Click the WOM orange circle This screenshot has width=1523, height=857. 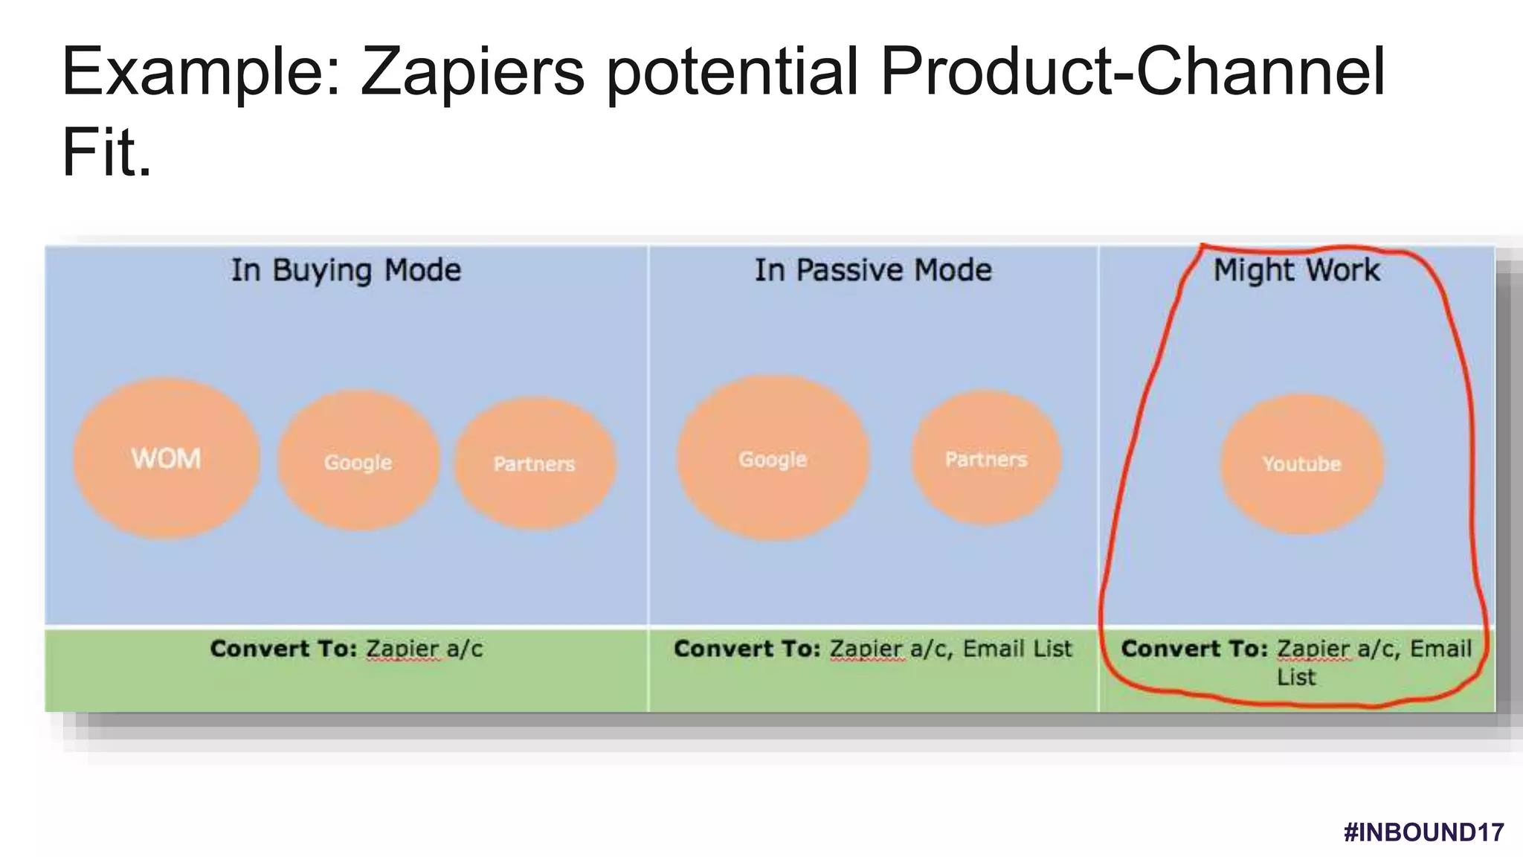point(167,458)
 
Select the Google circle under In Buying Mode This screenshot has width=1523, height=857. point(358,461)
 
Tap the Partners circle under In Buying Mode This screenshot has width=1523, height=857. point(535,463)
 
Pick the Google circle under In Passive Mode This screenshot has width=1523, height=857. point(773,458)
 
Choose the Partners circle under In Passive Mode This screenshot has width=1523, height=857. point(986,458)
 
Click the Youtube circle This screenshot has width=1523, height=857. point(1301,463)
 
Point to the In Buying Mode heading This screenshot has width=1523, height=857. point(346,270)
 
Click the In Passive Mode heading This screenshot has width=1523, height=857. point(873,270)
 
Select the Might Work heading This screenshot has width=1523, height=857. point(1296,270)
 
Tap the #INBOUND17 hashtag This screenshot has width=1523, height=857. point(1423,832)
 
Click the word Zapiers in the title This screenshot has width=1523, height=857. point(473,72)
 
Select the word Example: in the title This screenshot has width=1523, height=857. point(201,72)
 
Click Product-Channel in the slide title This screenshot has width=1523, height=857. point(1132,72)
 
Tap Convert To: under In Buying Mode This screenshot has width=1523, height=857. point(283,649)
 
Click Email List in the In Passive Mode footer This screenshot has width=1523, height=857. point(1017,649)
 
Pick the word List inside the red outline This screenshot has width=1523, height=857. point(1296,677)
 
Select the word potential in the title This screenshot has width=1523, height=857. point(732,72)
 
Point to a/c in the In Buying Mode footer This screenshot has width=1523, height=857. point(465,649)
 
